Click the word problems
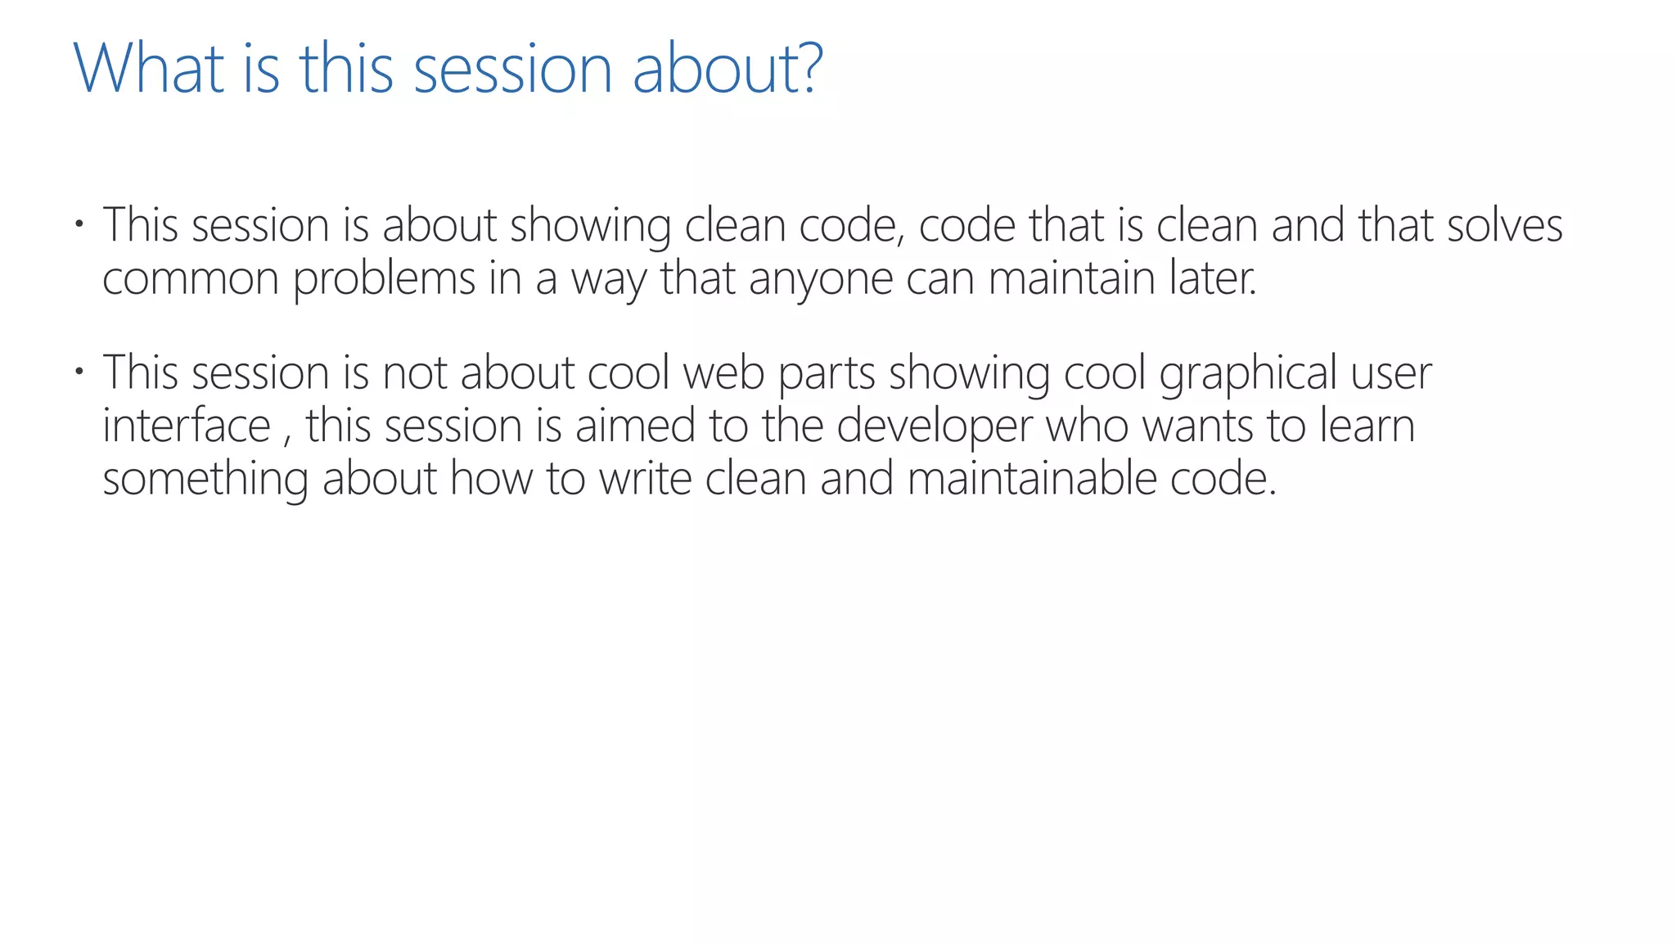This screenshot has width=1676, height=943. point(384,280)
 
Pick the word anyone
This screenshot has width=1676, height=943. point(820,280)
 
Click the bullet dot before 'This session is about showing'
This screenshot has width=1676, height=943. point(79,223)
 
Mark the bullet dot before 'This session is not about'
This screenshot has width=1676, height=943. point(79,372)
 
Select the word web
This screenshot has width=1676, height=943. point(723,373)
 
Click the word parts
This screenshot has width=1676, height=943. point(826,375)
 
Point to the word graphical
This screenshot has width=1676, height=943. point(1247,375)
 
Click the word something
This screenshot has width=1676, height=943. point(205,480)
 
